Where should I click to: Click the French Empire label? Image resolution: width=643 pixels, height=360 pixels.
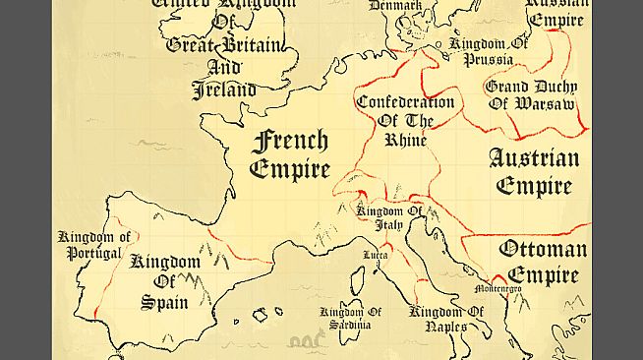(289, 154)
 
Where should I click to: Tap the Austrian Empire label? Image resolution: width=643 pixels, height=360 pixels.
(534, 171)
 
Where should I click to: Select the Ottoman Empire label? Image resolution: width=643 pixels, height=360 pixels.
(543, 261)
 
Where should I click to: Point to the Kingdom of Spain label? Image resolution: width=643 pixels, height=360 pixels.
(165, 281)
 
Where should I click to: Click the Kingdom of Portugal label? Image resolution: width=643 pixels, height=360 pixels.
(94, 245)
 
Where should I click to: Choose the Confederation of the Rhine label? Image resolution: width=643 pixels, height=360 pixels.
(405, 120)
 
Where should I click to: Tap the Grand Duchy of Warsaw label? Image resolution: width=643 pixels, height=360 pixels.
(531, 94)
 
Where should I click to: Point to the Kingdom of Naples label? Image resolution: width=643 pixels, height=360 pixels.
(447, 319)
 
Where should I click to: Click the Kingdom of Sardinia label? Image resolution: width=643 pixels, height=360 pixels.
(345, 319)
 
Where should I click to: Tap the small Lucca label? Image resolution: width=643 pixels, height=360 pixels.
(375, 256)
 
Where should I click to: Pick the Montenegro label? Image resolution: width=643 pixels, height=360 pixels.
(498, 289)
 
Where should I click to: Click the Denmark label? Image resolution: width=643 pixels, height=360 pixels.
(395, 6)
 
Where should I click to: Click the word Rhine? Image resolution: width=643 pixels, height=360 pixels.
(405, 140)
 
